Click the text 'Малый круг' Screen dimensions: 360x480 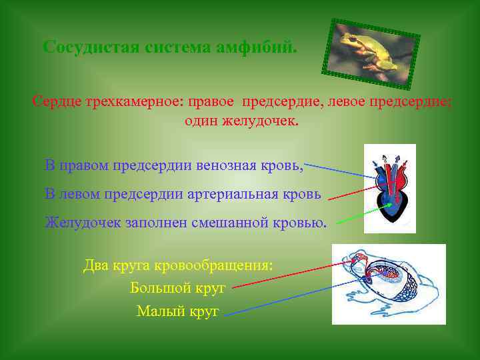(x=177, y=311)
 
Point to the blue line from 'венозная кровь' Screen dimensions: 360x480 (x=337, y=169)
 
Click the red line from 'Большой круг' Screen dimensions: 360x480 (x=293, y=275)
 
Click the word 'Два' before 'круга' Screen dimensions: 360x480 (x=95, y=265)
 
